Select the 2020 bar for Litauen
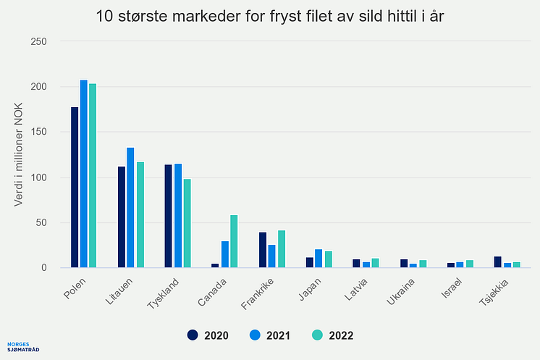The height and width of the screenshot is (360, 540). (122, 217)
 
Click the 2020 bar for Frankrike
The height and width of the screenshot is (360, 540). (263, 250)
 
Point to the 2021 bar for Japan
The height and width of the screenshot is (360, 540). (318, 259)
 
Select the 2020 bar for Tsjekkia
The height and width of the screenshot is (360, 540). (498, 262)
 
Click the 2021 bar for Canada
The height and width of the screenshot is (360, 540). (224, 254)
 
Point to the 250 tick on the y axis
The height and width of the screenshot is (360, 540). (39, 41)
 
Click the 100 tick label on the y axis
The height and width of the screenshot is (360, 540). (39, 177)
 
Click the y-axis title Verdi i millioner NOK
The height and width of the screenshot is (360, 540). (20, 154)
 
